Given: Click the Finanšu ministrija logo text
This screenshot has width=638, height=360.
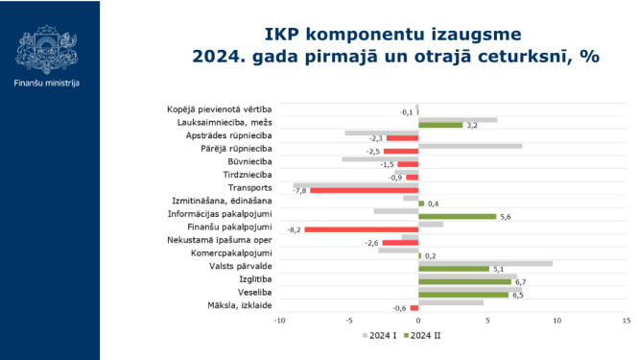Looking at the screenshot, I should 47,84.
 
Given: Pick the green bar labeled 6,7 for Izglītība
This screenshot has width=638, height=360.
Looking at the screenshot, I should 465,282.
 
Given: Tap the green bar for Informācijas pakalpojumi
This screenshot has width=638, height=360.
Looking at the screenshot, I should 458,217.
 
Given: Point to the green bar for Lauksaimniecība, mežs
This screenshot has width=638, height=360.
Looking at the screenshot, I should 440,126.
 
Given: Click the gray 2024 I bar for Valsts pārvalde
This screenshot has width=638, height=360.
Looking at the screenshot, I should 485,263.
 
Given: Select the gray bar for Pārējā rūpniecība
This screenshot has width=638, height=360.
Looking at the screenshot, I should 470,146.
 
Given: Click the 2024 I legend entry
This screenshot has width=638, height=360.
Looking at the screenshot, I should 376,336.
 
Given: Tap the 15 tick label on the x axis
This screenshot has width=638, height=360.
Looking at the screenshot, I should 626,320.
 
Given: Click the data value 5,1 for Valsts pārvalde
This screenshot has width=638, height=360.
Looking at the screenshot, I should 498,270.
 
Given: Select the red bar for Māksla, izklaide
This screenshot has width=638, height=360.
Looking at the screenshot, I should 414,308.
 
